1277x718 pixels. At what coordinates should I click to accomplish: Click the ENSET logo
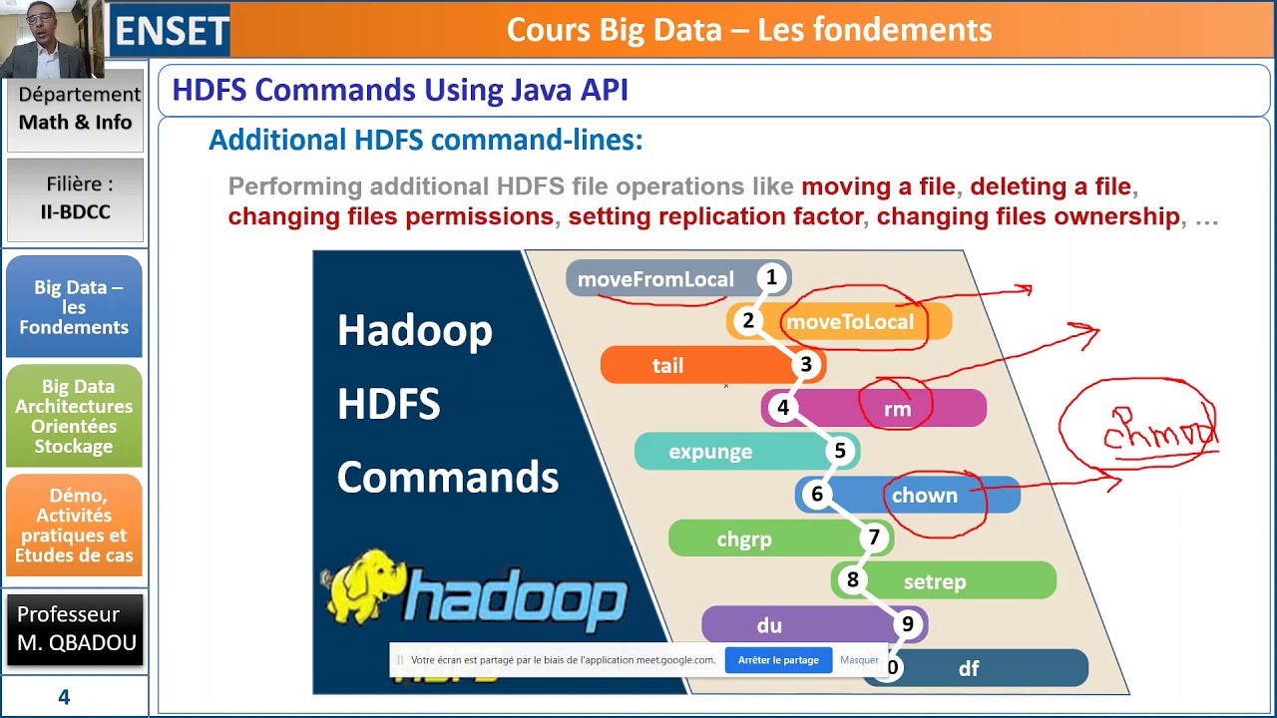pyautogui.click(x=171, y=30)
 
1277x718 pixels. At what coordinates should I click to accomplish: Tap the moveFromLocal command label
pyautogui.click(x=655, y=279)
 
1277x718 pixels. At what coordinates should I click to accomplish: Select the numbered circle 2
pyautogui.click(x=747, y=321)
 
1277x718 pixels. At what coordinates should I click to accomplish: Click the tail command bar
pyautogui.click(x=668, y=366)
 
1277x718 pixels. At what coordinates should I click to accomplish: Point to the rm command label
pyautogui.click(x=897, y=409)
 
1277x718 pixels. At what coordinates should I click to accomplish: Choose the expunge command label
pyautogui.click(x=710, y=452)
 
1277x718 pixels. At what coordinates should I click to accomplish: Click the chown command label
pyautogui.click(x=924, y=496)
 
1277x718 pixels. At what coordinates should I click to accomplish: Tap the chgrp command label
pyautogui.click(x=744, y=539)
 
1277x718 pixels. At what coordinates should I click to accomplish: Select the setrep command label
pyautogui.click(x=935, y=582)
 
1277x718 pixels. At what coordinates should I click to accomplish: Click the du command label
pyautogui.click(x=769, y=626)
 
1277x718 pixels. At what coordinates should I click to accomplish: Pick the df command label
pyautogui.click(x=969, y=669)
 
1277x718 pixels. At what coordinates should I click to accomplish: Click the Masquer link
pyautogui.click(x=859, y=660)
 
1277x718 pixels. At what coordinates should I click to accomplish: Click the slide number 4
pyautogui.click(x=64, y=697)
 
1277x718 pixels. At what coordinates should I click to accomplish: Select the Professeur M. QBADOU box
pyautogui.click(x=76, y=629)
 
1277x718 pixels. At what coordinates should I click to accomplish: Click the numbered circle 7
pyautogui.click(x=874, y=538)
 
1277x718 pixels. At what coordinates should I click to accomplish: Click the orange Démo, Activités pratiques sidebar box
pyautogui.click(x=74, y=526)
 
